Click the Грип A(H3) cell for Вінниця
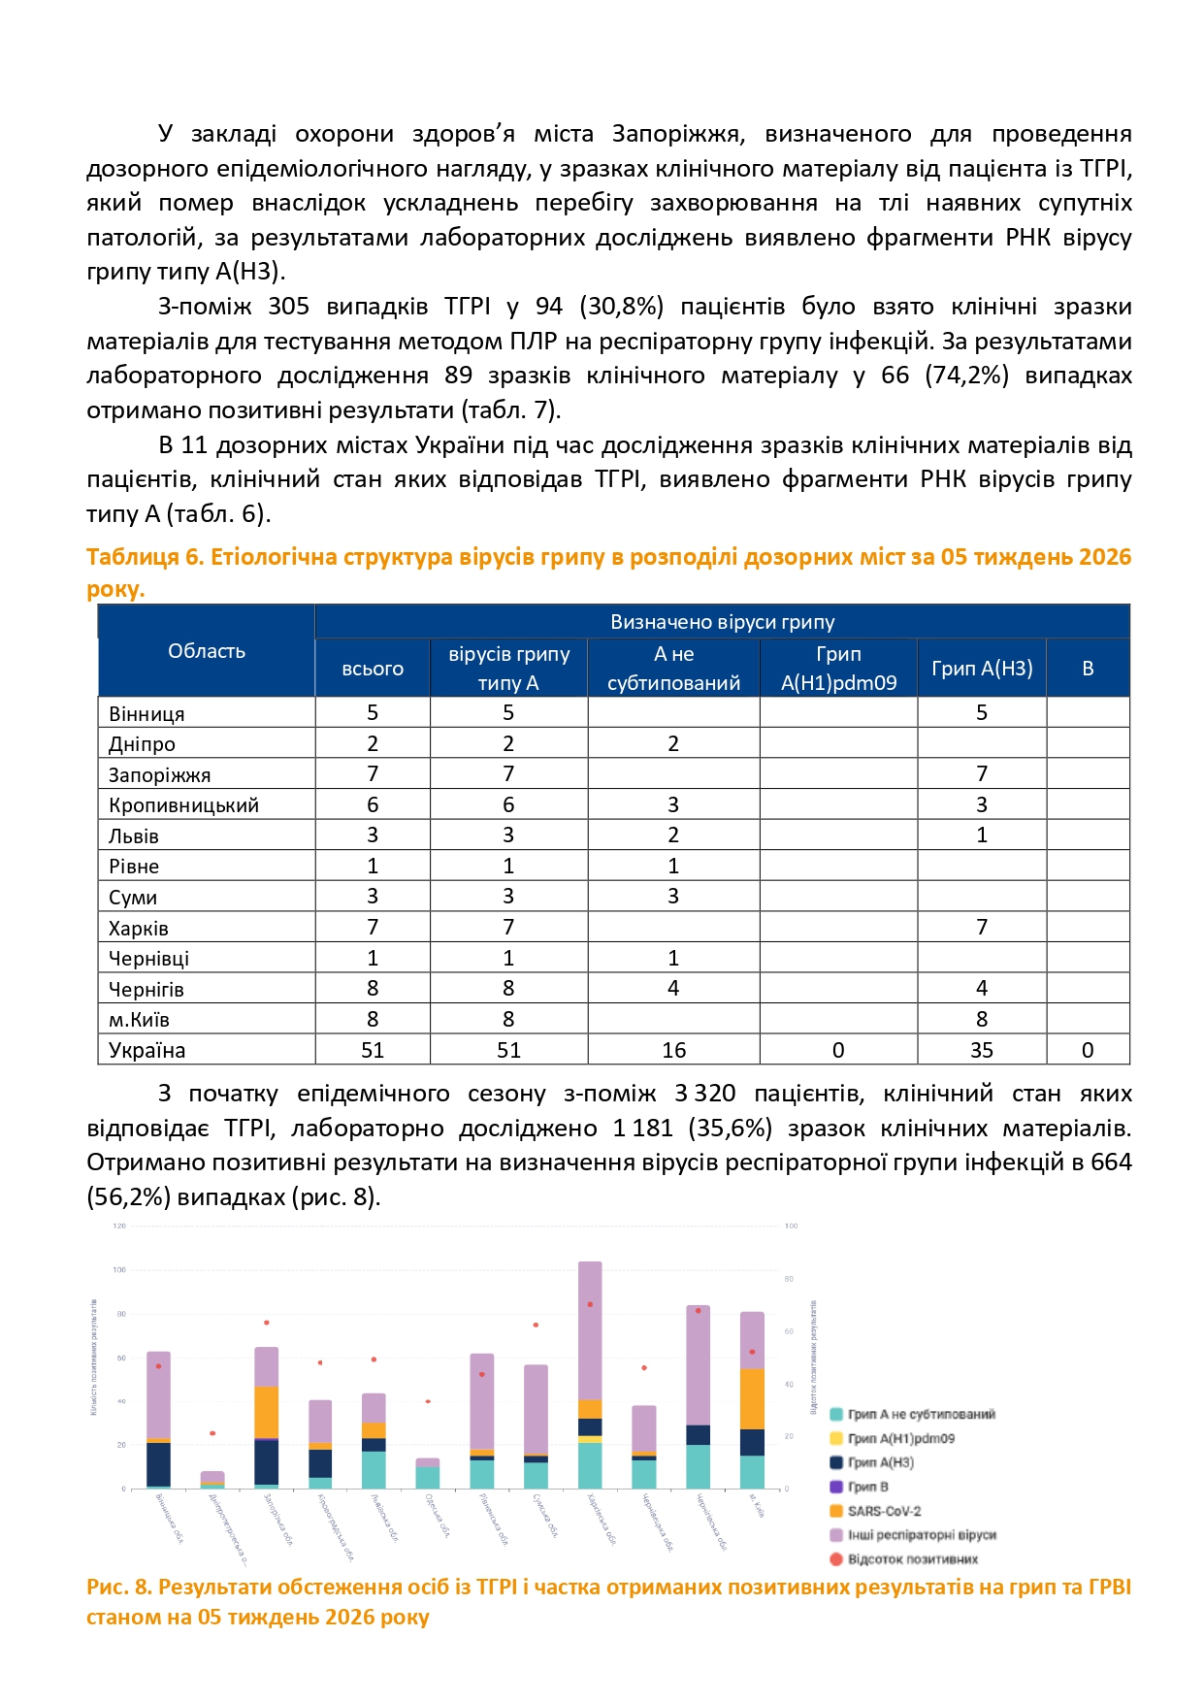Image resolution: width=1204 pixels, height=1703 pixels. pos(981,712)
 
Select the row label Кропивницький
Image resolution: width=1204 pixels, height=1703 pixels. pos(183,805)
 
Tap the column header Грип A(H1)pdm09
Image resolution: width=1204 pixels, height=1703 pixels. pos(838,668)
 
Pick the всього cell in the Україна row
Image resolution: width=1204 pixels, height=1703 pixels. pos(373,1050)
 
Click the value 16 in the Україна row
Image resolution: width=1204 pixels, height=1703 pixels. pos(673,1050)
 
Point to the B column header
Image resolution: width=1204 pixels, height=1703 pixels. pos(1088,668)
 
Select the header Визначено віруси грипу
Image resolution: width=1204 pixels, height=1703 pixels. pos(722,622)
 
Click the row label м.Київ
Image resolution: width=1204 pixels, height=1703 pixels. pos(139,1020)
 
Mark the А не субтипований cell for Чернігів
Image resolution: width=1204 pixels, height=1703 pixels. pos(673,988)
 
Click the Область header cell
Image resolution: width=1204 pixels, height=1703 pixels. pos(206,651)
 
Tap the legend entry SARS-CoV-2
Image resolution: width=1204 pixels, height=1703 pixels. pos(884,1511)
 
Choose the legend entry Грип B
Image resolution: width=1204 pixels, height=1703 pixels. pos(867,1487)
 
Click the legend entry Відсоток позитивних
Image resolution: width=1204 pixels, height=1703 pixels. pos(912,1559)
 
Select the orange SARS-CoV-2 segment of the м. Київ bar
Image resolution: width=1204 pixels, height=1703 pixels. pos(752,1398)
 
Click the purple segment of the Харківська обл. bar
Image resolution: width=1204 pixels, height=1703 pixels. pos(590,1329)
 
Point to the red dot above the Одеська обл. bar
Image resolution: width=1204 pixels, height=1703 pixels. pos(428,1401)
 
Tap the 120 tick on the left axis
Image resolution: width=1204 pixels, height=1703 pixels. pos(119,1226)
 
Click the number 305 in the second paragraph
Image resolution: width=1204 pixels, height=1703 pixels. pos(288,307)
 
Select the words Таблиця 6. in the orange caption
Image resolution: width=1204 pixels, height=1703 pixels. pos(145,557)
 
